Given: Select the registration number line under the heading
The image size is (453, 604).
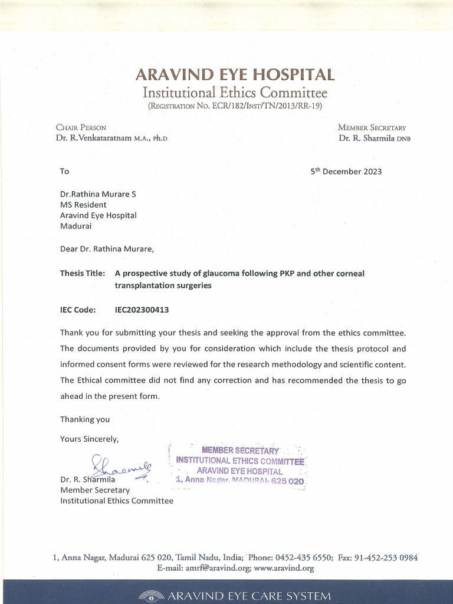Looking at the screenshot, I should click(x=235, y=106).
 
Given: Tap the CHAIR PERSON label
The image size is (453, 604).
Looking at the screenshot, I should click(x=81, y=127).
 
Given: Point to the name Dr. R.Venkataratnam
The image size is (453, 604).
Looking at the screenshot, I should click(x=94, y=139).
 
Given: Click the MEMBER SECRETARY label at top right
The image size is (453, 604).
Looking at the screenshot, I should click(x=372, y=127).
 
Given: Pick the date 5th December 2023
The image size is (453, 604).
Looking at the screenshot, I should click(x=346, y=172).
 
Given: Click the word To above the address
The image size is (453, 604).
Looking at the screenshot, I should click(x=64, y=172).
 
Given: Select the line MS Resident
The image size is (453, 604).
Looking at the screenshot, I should click(x=83, y=205).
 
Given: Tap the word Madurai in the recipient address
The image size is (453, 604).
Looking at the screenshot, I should click(x=75, y=226).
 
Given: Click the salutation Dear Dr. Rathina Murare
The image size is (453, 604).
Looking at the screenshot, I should click(x=107, y=249).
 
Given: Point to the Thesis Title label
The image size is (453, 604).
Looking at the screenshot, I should click(x=83, y=274).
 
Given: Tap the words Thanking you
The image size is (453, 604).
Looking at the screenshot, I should click(x=84, y=419).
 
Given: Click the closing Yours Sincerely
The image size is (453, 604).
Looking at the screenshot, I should click(x=89, y=439).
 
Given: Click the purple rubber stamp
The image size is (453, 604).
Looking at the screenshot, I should click(x=240, y=466).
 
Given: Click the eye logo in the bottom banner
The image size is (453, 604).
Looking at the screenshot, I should click(x=152, y=596).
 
